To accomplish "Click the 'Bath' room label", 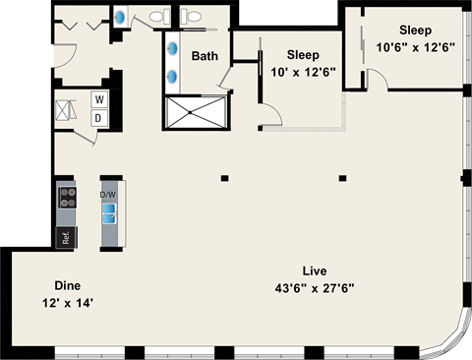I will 205,56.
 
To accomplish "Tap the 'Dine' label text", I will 66,286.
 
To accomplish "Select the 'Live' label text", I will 315,270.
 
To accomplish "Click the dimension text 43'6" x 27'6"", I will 315,287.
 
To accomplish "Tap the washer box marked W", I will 99,98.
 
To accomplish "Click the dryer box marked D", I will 99,118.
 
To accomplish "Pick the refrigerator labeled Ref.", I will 66,236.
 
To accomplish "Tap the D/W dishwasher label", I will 108,195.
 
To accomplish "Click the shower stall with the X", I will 195,113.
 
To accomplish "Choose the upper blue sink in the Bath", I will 173,47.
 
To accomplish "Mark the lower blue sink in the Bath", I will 173,75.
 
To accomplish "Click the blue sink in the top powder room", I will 120,17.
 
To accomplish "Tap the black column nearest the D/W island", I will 225,178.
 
